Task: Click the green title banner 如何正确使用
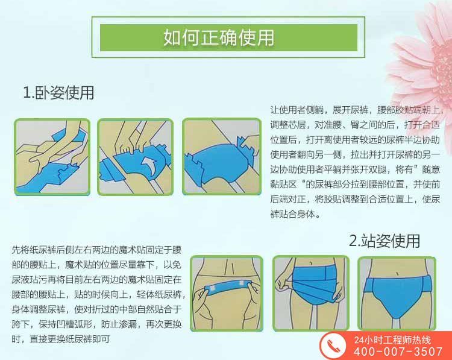click(228, 37)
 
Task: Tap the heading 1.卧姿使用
click(58, 93)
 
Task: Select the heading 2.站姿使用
click(385, 241)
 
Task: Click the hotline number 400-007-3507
click(398, 352)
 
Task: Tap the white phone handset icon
click(333, 346)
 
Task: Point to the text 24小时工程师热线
click(392, 340)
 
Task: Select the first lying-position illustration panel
click(52, 157)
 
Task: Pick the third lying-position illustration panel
click(222, 157)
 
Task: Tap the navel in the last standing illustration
click(397, 273)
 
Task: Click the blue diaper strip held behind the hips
click(228, 287)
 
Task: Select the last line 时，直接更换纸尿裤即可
click(61, 339)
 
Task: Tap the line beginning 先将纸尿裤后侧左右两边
click(96, 250)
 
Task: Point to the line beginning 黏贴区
click(355, 184)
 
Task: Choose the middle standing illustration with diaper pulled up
click(311, 293)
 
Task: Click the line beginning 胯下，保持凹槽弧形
click(96, 324)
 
